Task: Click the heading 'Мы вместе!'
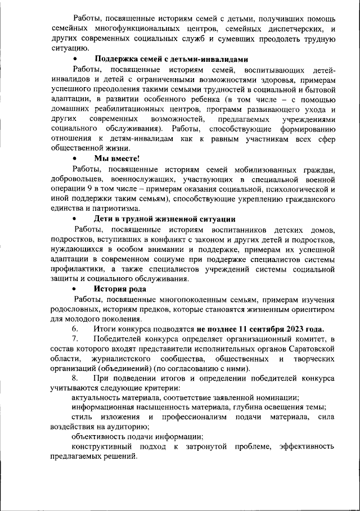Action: pyautogui.click(x=116, y=159)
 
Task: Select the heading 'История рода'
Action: pyautogui.click(x=120, y=290)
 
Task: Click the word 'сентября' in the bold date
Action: pyautogui.click(x=258, y=329)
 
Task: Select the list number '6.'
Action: pyautogui.click(x=75, y=329)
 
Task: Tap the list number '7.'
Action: pyautogui.click(x=75, y=338)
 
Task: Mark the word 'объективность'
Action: pyautogui.click(x=99, y=436)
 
